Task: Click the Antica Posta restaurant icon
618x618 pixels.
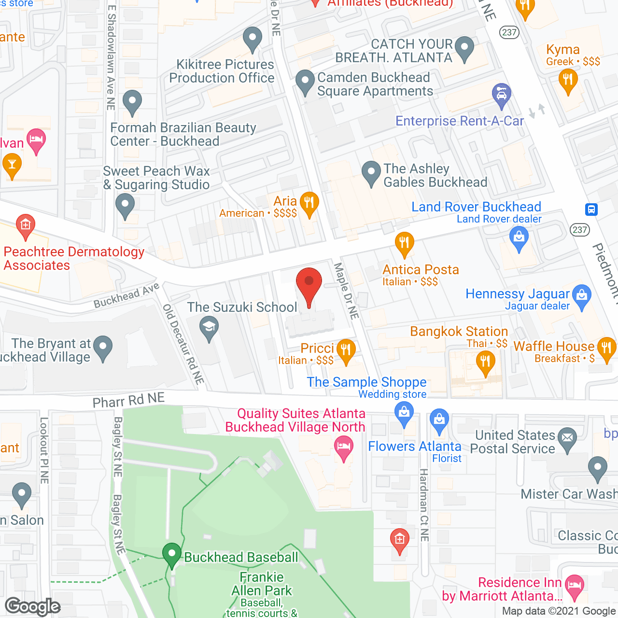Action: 405,242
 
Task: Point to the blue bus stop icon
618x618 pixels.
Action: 591,210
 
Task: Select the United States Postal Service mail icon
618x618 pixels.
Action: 567,438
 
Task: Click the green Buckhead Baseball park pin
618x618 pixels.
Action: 171,554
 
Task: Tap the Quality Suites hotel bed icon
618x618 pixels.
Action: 344,447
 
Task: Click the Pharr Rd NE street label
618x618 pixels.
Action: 128,400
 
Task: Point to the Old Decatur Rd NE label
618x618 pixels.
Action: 183,344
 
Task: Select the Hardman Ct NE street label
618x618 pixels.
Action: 424,505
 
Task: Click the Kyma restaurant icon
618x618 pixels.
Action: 568,80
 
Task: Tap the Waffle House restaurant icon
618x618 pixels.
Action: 606,348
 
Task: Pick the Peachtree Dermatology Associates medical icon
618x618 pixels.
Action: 25,225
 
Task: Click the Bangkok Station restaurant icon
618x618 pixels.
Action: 485,362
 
